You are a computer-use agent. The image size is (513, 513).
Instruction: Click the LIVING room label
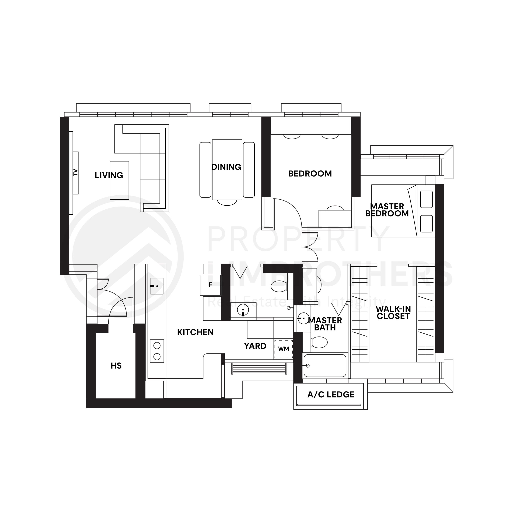point(109,175)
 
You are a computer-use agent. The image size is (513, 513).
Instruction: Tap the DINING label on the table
point(226,167)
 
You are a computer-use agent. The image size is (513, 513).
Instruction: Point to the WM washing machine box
point(284,349)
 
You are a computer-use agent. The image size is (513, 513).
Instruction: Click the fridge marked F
point(210,285)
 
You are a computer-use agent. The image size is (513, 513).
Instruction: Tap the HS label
point(116,366)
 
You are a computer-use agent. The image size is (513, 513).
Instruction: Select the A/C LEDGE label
point(331,395)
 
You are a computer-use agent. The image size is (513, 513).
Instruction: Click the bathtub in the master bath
point(325,366)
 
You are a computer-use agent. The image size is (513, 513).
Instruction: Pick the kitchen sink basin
point(157,286)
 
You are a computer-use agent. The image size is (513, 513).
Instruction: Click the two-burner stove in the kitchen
point(157,351)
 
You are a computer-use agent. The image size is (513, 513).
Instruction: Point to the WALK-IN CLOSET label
point(393,313)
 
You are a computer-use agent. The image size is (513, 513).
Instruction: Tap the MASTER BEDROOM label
point(387,210)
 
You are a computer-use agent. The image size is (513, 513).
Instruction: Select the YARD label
point(255,346)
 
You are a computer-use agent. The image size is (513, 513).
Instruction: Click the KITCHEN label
point(195,332)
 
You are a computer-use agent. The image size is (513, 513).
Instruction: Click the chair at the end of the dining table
point(227,202)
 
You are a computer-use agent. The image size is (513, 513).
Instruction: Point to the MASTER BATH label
point(325,324)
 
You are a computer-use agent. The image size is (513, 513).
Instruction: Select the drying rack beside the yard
point(259,369)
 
